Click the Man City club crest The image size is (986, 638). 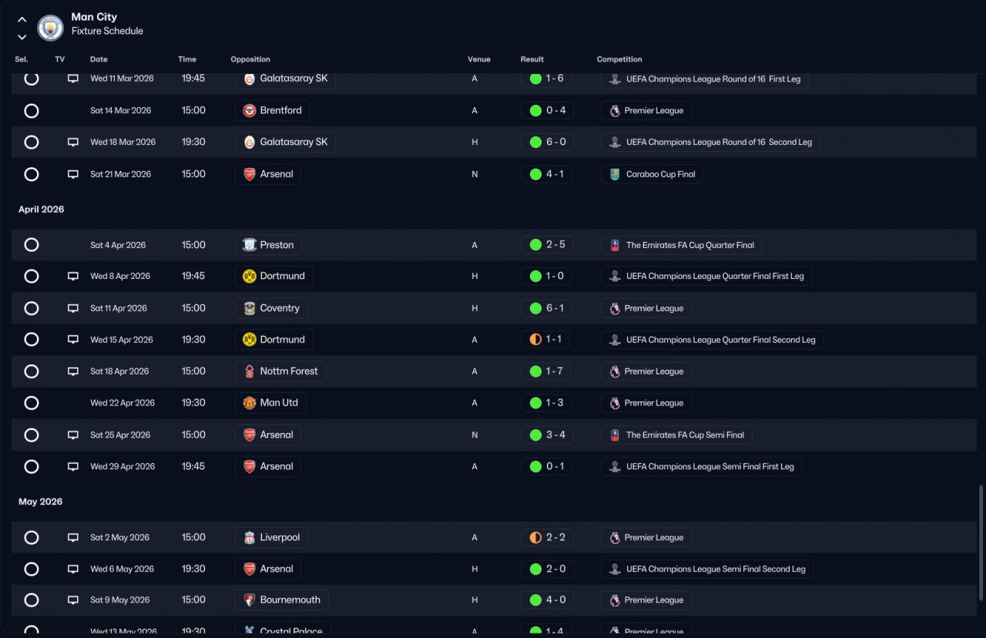[50, 28]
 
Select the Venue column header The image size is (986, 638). [478, 59]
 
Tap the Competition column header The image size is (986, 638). [619, 59]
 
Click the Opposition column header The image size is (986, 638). [250, 59]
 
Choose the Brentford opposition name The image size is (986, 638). [280, 110]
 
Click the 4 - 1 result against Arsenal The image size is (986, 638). [555, 174]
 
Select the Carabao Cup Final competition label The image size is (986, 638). [660, 174]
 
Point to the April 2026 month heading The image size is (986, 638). [41, 209]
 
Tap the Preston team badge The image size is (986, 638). [249, 245]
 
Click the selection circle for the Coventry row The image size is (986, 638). [32, 308]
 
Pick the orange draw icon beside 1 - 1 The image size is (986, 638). [535, 340]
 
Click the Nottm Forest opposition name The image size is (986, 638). [288, 371]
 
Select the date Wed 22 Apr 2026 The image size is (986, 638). [122, 403]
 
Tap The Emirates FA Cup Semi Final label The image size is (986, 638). [685, 435]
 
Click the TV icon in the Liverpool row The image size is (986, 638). [73, 538]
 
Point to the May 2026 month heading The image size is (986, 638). [40, 502]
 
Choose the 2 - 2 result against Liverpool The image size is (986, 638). [555, 537]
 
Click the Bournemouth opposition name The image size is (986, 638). [290, 599]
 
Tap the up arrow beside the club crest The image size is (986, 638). [22, 20]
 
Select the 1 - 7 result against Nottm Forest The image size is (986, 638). [554, 371]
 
